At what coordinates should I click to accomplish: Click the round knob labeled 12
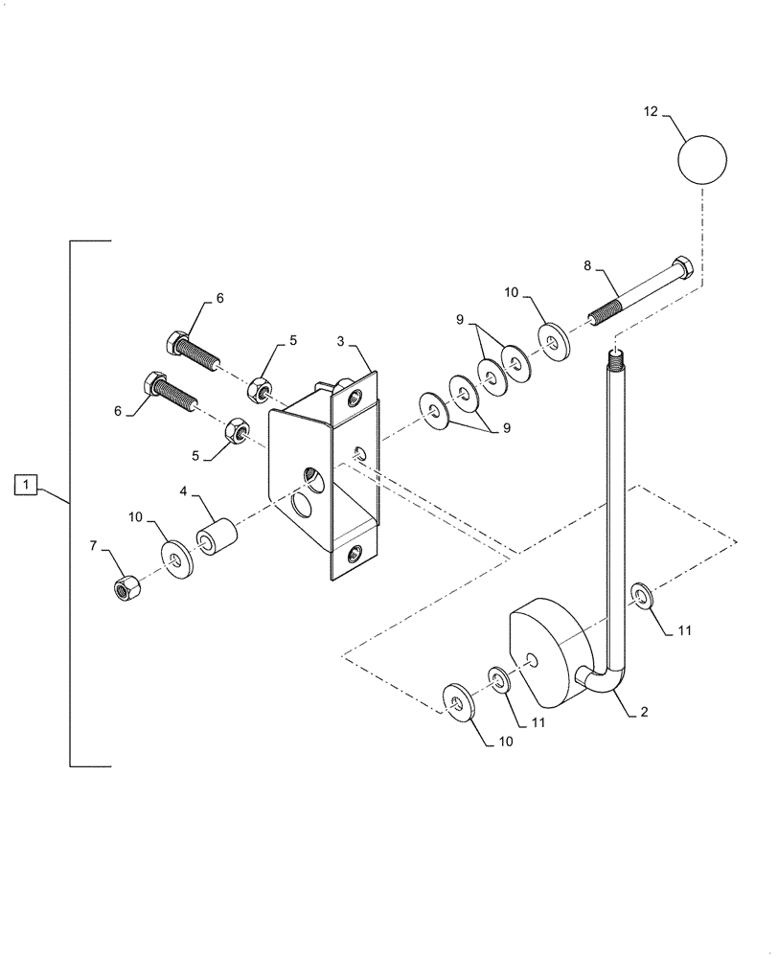click(x=702, y=159)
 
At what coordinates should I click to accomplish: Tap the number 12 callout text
click(x=651, y=113)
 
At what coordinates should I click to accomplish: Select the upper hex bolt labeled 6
click(x=195, y=353)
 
